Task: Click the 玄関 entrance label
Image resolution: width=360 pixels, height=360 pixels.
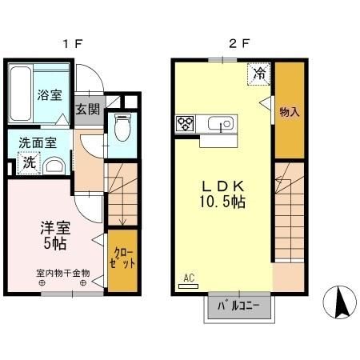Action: (x=88, y=110)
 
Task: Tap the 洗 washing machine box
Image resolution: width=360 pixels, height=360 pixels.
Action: (x=28, y=162)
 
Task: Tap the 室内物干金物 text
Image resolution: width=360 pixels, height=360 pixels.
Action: (x=62, y=273)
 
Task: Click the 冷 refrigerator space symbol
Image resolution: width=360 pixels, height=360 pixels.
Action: (x=259, y=73)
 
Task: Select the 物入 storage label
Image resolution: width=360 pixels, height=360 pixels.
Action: (x=289, y=112)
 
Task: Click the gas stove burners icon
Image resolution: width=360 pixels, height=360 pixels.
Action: (x=186, y=124)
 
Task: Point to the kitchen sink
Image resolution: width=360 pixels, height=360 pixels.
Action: (x=219, y=123)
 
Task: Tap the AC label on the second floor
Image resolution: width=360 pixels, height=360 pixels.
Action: (x=189, y=278)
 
